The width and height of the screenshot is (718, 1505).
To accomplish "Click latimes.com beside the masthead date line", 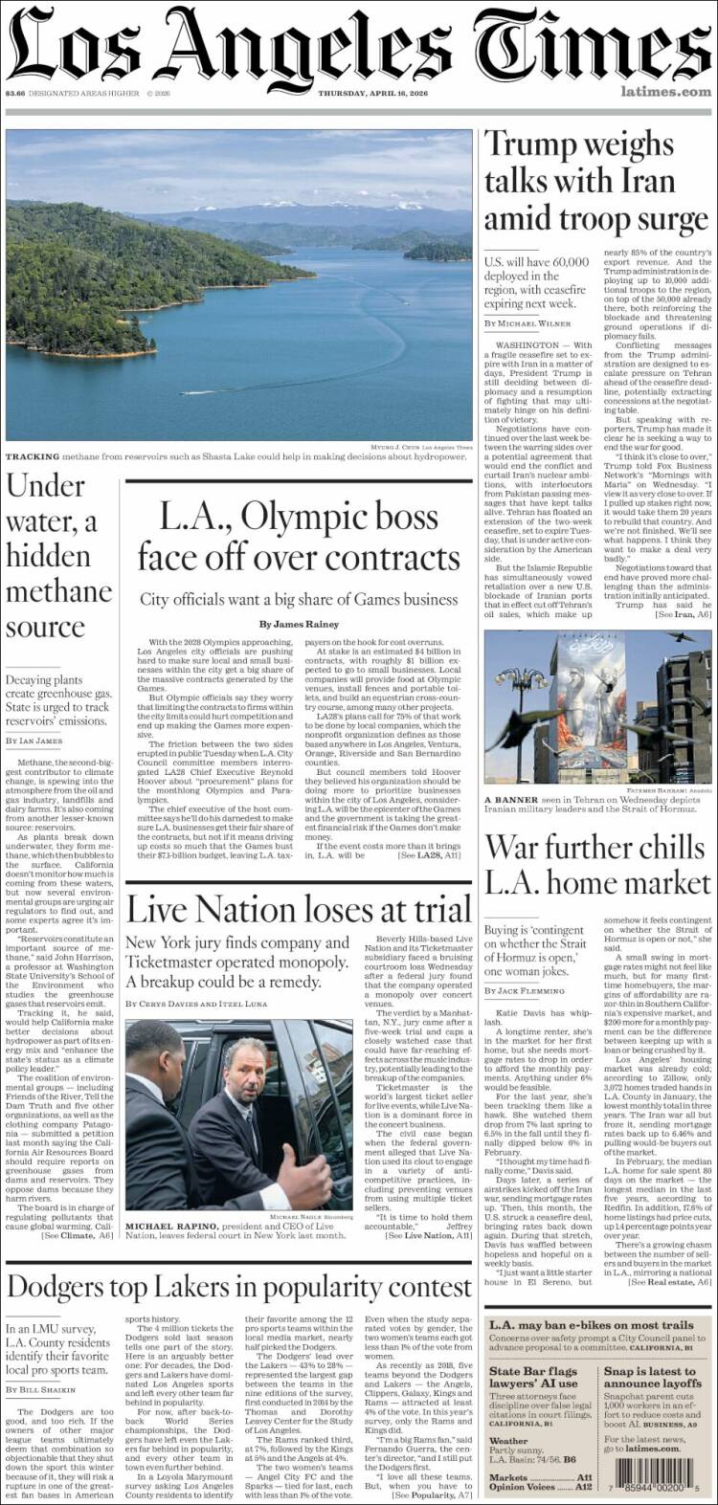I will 665,92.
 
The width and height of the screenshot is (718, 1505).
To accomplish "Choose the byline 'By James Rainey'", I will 299,625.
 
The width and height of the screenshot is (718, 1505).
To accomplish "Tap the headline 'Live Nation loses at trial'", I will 299,909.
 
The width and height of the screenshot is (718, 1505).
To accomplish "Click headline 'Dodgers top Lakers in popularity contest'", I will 239,1287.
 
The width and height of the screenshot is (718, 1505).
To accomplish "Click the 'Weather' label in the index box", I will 508,1441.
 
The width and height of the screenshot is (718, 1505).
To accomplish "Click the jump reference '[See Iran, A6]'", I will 683,613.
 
